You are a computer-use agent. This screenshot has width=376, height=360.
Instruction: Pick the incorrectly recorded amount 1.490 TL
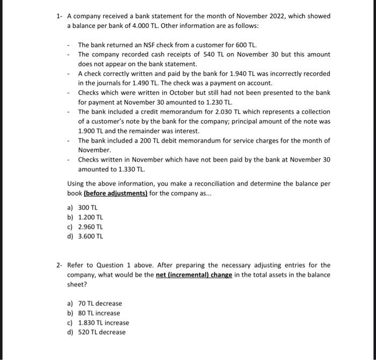(132, 83)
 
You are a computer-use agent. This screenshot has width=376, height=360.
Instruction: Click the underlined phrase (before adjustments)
(115, 193)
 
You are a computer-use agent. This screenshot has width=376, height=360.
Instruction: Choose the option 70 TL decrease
(95, 304)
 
